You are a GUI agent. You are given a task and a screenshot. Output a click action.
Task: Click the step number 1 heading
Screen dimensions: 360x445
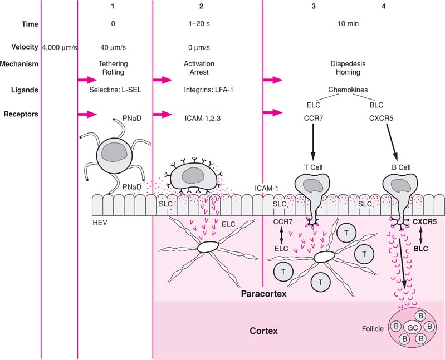tap(113, 6)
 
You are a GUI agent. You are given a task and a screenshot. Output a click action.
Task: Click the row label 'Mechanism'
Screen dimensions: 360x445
tap(19, 63)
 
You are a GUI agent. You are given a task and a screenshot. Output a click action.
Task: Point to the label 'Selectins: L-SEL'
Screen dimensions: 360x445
tap(113, 89)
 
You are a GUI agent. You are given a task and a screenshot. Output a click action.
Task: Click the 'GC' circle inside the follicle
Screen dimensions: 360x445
tap(413, 328)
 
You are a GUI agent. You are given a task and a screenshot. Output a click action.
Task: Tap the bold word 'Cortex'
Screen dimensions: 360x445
tap(263, 331)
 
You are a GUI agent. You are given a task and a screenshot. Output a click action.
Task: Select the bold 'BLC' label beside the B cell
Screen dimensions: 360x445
tap(422, 249)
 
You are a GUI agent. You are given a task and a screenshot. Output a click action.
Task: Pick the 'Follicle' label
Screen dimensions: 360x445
tap(373, 329)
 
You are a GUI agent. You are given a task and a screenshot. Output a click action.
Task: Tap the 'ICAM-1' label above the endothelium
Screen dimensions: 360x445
tap(266, 189)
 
